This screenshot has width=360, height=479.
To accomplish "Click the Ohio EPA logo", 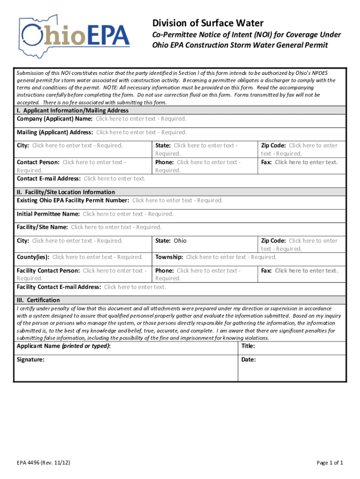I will [x=74, y=36].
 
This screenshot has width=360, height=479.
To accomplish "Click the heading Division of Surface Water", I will [x=208, y=23].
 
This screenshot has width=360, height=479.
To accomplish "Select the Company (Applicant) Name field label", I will [x=54, y=119].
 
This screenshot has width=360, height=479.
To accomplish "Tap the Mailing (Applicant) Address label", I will [x=55, y=132].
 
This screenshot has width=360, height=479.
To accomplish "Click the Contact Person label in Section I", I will [x=38, y=162].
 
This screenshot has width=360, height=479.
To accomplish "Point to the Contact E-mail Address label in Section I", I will [x=49, y=178].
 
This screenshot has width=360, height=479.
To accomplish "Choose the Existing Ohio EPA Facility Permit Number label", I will [x=73, y=200].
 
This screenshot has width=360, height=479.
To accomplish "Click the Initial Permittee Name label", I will [x=48, y=214].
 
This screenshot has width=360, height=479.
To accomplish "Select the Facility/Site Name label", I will [x=43, y=227].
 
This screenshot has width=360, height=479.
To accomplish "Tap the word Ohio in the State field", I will [x=180, y=240].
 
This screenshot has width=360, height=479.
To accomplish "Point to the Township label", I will [x=169, y=257].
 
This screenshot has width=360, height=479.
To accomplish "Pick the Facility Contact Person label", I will [x=48, y=270].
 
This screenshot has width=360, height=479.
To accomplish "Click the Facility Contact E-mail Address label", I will [x=59, y=287].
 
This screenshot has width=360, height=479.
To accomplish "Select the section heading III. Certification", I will [x=38, y=300].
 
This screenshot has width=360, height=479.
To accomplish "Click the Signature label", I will [x=31, y=360].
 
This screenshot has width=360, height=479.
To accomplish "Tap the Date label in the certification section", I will [x=249, y=360].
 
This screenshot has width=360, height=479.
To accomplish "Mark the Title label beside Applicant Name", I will [x=248, y=346].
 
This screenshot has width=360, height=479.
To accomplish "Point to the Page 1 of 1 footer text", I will [x=330, y=463].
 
